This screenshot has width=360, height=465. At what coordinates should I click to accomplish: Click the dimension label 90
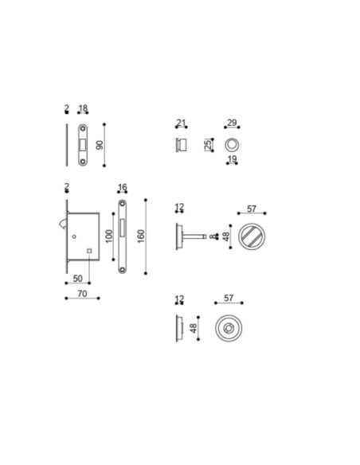[100, 145]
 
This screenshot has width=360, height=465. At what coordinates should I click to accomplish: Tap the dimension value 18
[83, 108]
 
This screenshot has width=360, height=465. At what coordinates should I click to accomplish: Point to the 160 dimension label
[141, 236]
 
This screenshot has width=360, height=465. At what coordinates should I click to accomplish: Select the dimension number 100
[109, 236]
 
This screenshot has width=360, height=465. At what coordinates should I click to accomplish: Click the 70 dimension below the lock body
[82, 294]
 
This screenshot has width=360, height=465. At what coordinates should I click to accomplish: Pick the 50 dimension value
[77, 279]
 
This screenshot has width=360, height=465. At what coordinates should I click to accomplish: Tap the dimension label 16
[122, 187]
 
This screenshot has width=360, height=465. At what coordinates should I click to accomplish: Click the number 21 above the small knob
[181, 123]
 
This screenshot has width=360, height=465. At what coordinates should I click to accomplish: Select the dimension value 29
[232, 123]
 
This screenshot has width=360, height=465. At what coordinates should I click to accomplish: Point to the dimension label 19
[232, 159]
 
